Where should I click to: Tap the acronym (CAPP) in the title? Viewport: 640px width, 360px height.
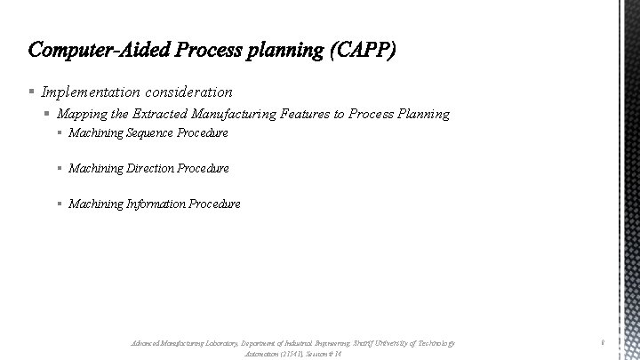pos(364,50)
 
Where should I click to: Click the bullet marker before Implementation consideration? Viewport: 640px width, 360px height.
pos(31,92)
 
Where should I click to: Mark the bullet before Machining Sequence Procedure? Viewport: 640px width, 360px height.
pos(59,133)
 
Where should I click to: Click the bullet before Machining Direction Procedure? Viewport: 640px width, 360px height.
pos(59,169)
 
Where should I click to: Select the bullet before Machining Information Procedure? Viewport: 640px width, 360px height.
pos(59,204)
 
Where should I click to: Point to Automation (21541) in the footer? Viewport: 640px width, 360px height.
pos(274,353)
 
